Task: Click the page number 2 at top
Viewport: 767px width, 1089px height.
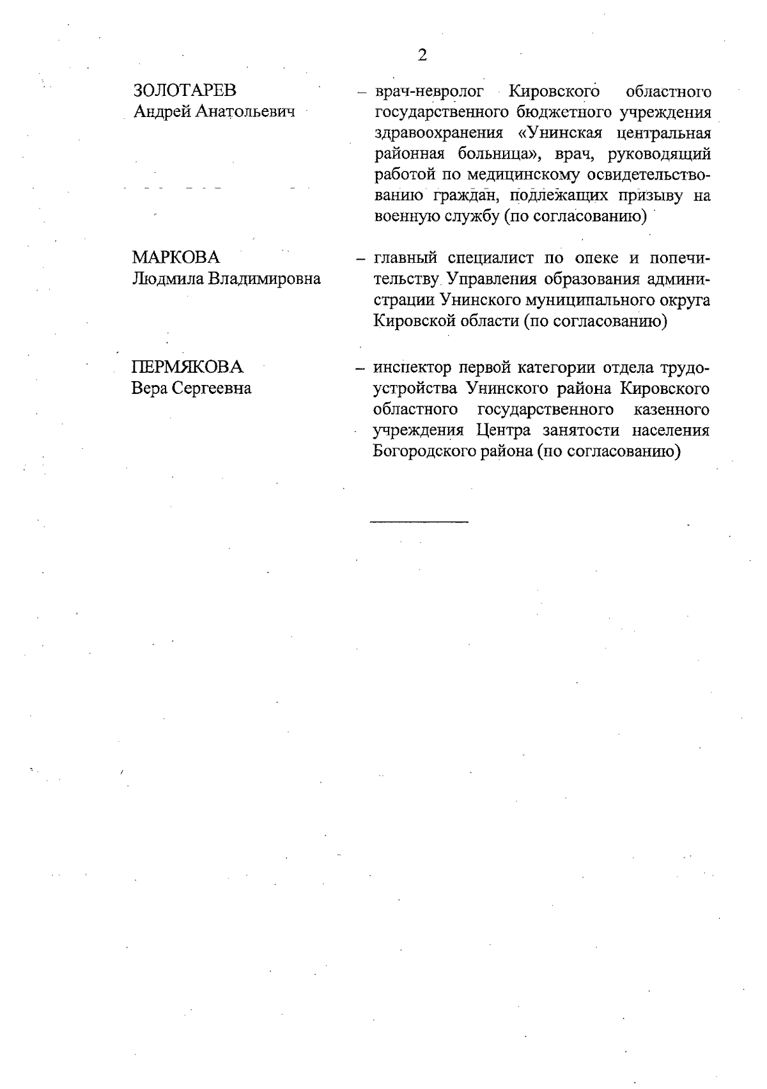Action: pyautogui.click(x=422, y=55)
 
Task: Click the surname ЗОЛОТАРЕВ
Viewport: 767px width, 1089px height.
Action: pyautogui.click(x=184, y=91)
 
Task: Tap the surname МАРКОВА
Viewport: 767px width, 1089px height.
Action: pyautogui.click(x=176, y=258)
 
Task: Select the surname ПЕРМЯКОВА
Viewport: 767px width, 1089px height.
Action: pyautogui.click(x=187, y=367)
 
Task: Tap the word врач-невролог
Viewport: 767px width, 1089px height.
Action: pyautogui.click(x=429, y=91)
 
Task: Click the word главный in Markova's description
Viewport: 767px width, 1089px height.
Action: pyautogui.click(x=405, y=258)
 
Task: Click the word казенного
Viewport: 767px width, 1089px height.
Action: pyautogui.click(x=672, y=409)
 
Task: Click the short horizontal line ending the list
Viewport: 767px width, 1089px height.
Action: pyautogui.click(x=419, y=522)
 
